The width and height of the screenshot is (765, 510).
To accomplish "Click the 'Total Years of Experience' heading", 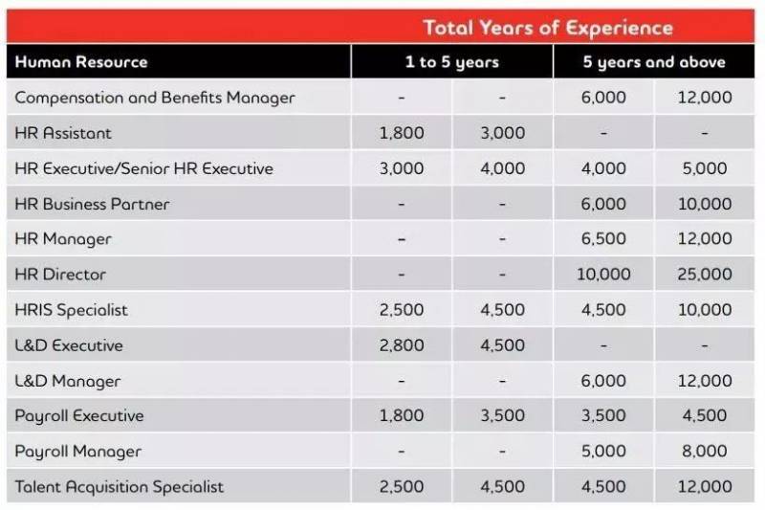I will tap(548, 27).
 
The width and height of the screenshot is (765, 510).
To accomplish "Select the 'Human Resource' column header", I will tap(81, 62).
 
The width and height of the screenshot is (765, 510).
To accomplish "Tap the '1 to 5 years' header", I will tap(451, 62).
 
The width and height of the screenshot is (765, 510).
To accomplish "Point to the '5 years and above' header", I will tap(654, 62).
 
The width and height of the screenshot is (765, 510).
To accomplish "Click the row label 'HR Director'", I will tap(60, 275).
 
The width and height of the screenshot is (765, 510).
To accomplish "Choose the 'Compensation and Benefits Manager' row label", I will tap(155, 98).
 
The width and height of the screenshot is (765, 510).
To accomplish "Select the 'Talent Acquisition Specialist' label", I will tap(120, 487).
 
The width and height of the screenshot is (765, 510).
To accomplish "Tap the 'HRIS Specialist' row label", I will tap(72, 310).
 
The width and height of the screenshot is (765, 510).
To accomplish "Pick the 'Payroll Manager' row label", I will tap(78, 452).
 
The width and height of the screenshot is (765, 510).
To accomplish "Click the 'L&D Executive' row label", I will tap(69, 345).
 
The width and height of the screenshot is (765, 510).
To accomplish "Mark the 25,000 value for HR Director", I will tap(705, 275).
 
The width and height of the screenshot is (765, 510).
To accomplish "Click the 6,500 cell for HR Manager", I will tap(603, 239).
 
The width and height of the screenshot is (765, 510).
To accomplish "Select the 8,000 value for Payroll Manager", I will tap(705, 452).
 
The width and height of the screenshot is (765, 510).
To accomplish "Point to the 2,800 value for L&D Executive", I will tap(402, 345).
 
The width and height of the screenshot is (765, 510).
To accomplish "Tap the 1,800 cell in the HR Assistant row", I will tap(402, 133).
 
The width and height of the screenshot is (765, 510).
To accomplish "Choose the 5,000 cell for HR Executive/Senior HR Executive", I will tap(705, 168).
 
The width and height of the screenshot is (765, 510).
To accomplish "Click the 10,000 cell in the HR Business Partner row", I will tap(705, 204).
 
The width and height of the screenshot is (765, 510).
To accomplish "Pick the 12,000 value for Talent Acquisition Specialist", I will tap(705, 487).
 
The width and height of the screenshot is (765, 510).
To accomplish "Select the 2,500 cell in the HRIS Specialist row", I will tap(402, 310).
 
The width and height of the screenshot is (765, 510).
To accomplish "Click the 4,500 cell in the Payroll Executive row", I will tap(705, 416).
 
